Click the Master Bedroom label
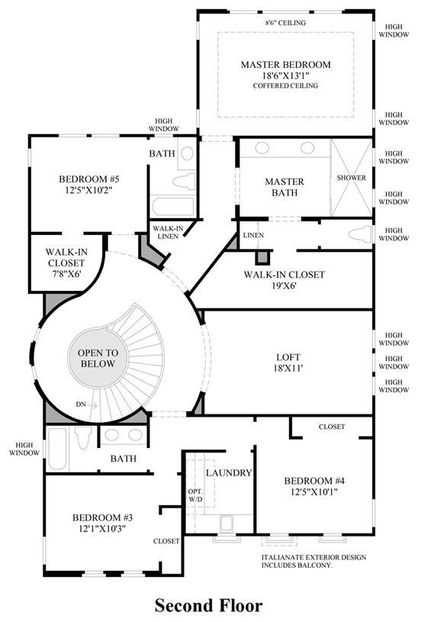[x=285, y=65]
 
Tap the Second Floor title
[x=208, y=606]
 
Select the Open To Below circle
[x=98, y=358]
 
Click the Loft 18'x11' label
[x=288, y=363]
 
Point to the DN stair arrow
[x=92, y=405]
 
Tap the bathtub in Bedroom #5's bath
[x=173, y=207]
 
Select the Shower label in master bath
[x=352, y=178]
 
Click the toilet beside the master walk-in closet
[x=360, y=234]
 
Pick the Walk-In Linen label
[x=168, y=233]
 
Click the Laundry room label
[x=229, y=473]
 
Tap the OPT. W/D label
[x=195, y=495]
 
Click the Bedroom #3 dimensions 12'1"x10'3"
[x=102, y=528]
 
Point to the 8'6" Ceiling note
[x=285, y=23]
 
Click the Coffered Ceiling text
[x=285, y=85]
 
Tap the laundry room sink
[x=227, y=524]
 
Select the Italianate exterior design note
[x=313, y=561]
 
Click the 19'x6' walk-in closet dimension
[x=284, y=285]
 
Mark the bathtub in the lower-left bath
[x=57, y=449]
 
